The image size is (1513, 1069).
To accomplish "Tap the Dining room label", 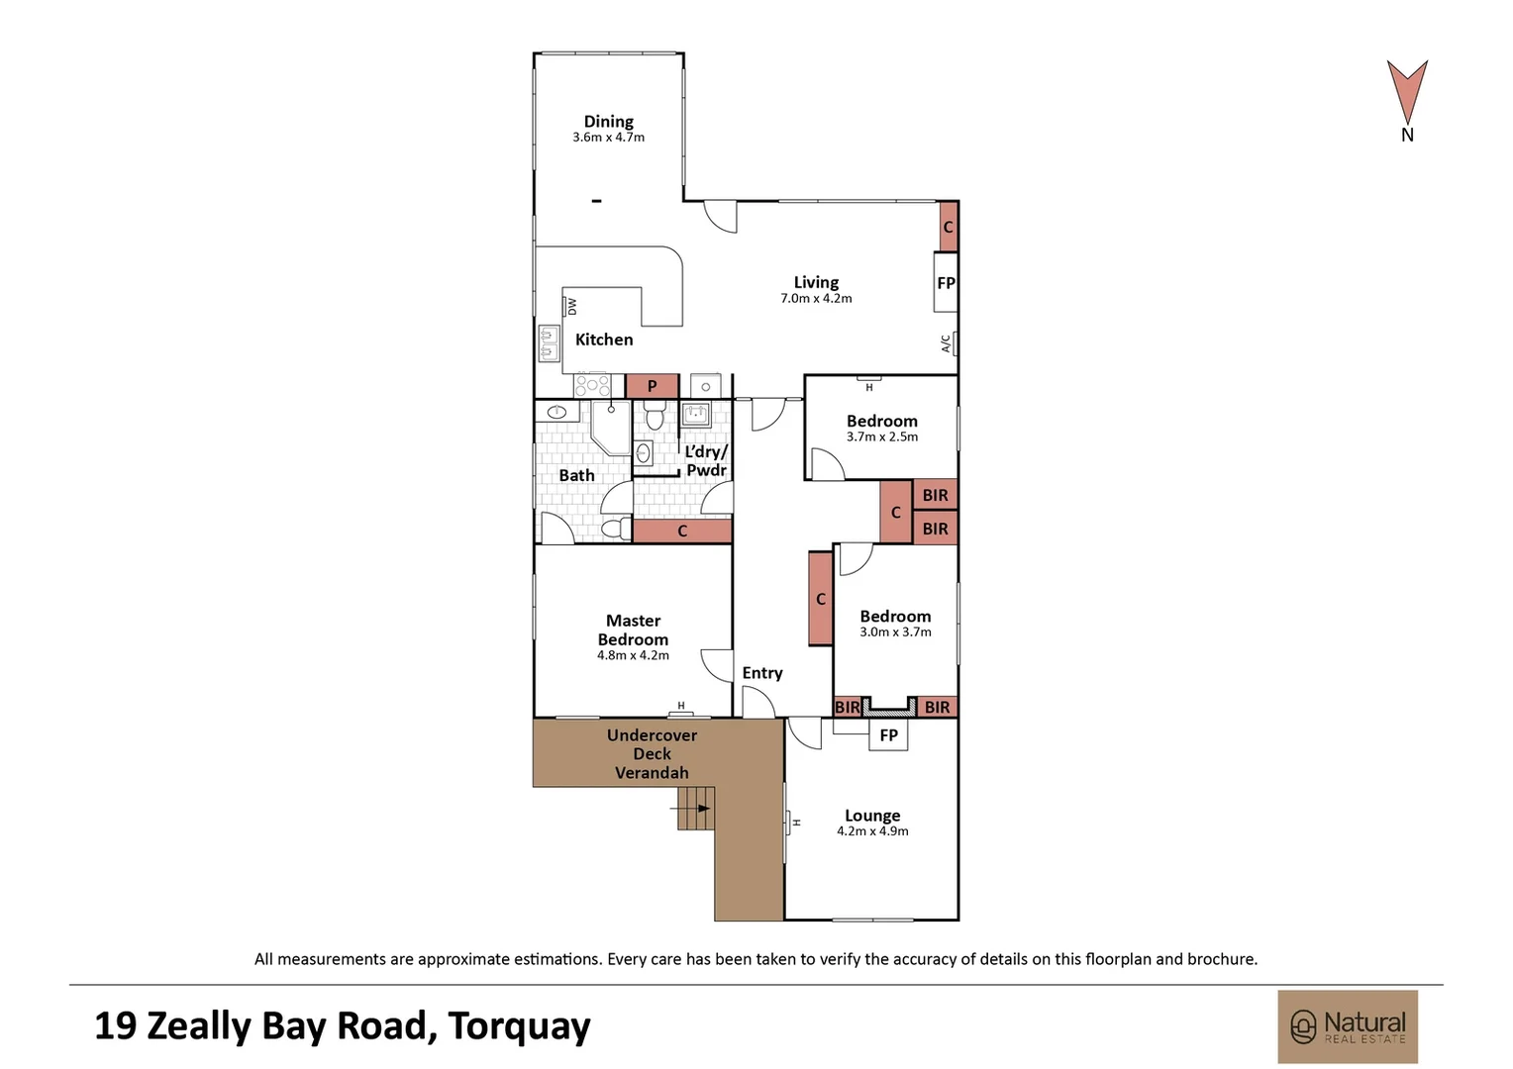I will (x=608, y=122).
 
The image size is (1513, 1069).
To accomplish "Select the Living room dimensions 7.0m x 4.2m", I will (x=816, y=298).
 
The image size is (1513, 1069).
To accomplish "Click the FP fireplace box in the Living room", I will (x=946, y=283).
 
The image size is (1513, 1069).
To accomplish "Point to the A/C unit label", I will (x=946, y=343).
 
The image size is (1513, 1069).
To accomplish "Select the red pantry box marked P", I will (x=652, y=386).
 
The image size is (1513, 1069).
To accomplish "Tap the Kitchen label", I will (x=604, y=340).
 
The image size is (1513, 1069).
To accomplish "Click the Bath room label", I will (x=576, y=475).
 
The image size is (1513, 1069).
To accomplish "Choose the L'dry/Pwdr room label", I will (x=706, y=461).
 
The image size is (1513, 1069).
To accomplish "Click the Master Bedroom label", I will (x=633, y=630).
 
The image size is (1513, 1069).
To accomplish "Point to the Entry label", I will (x=762, y=673).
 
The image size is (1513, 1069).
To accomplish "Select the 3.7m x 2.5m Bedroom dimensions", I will (x=881, y=437).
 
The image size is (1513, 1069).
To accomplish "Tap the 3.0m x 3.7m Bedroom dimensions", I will (x=895, y=632).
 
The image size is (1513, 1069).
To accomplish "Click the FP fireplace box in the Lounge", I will (x=888, y=734).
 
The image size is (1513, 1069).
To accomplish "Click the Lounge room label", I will (x=872, y=816).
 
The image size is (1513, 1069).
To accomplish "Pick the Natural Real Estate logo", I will (x=1347, y=1026).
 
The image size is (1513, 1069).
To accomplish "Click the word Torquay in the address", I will (x=519, y=1026).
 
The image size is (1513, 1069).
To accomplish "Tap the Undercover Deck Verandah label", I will (x=652, y=753).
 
